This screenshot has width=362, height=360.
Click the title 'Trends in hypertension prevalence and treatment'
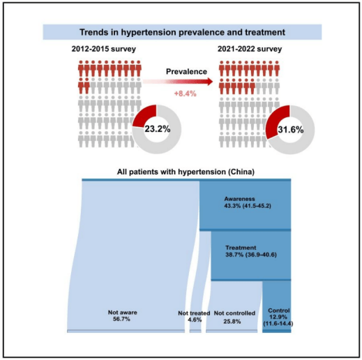(182, 32)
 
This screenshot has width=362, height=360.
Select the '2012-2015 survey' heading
(104, 49)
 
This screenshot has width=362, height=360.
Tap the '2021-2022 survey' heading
(250, 49)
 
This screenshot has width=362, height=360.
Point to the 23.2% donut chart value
(158, 128)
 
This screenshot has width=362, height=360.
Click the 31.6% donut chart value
(291, 130)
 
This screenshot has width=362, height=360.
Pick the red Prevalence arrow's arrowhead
(210, 82)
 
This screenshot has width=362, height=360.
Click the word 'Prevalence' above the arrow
(186, 71)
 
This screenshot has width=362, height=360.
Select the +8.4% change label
(186, 93)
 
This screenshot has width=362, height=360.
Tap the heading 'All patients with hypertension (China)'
(186, 172)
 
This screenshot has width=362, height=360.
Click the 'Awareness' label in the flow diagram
(239, 199)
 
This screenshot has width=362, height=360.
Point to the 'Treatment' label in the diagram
(241, 248)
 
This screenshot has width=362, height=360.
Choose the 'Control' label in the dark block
(279, 310)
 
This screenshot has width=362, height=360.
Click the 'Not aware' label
(123, 313)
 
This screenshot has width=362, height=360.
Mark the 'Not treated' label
(194, 313)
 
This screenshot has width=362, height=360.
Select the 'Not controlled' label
(234, 313)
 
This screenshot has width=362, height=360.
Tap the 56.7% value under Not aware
(121, 319)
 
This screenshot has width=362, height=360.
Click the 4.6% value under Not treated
(195, 320)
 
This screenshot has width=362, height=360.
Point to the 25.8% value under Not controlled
(232, 322)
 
